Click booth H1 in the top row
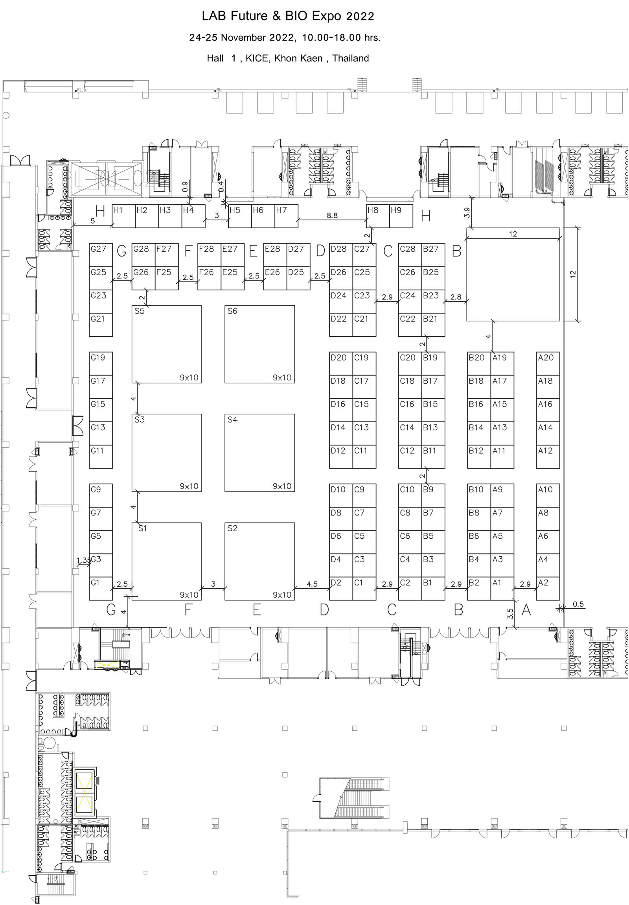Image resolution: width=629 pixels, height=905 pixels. [124, 216]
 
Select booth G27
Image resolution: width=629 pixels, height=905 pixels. [101, 254]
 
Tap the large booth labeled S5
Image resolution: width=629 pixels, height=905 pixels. [166, 344]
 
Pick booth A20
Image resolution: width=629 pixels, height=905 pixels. [548, 363]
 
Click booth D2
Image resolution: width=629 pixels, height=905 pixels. [341, 588]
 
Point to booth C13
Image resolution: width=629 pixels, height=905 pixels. [364, 433]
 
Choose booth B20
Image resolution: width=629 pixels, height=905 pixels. [478, 363]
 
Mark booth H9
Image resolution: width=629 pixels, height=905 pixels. [401, 216]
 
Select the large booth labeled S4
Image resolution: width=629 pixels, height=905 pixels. [259, 452]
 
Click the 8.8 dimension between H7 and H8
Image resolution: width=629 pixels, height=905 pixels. [332, 215]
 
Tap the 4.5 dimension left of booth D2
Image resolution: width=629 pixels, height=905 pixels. [312, 584]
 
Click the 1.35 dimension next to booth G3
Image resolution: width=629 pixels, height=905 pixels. [83, 560]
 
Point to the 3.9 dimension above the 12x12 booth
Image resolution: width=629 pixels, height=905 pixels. [467, 212]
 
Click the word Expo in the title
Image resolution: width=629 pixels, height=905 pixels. [326, 16]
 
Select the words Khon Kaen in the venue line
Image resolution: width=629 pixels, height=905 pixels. [298, 58]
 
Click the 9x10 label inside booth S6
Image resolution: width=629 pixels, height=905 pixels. [282, 377]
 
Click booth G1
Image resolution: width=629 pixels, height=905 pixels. [101, 588]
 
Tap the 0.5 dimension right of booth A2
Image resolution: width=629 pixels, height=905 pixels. [578, 604]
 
